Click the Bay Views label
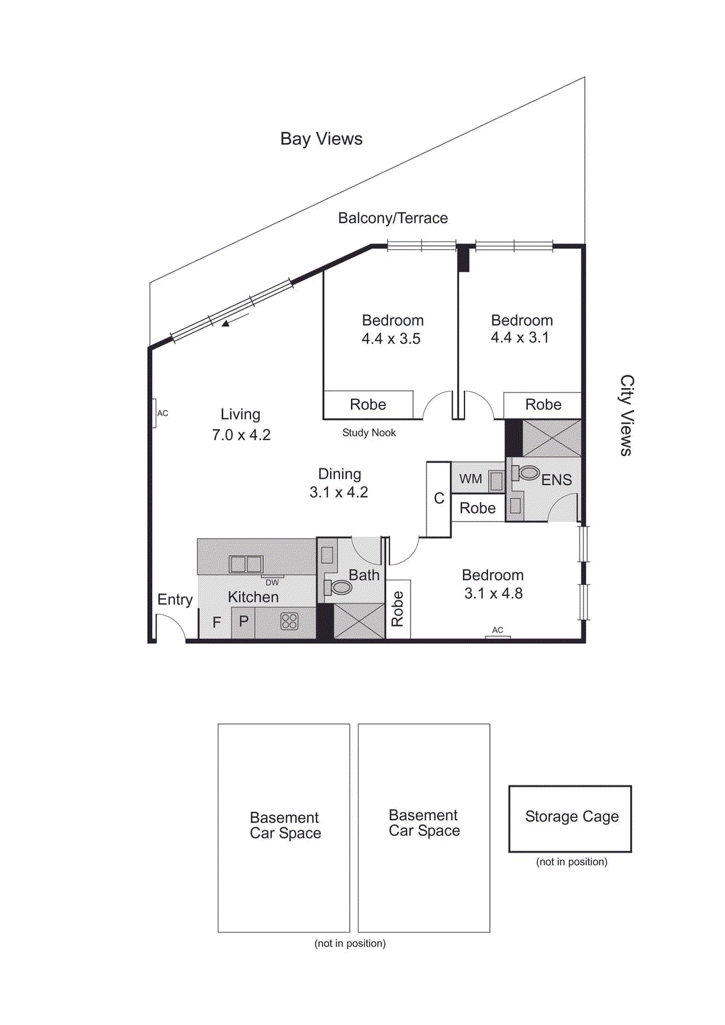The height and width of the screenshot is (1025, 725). pyautogui.click(x=321, y=139)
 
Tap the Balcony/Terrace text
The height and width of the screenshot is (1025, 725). pyautogui.click(x=393, y=218)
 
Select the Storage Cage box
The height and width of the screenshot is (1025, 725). pyautogui.click(x=570, y=818)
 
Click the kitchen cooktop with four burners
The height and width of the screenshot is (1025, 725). pyautogui.click(x=289, y=621)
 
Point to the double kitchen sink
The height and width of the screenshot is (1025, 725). pyautogui.click(x=246, y=564)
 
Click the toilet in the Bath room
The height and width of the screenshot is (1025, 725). pyautogui.click(x=340, y=587)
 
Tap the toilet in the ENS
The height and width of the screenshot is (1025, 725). pyautogui.click(x=528, y=473)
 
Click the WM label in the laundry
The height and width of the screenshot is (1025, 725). pyautogui.click(x=470, y=479)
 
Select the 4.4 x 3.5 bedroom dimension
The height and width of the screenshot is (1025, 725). pyautogui.click(x=391, y=339)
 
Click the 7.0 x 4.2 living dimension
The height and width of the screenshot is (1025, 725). pyautogui.click(x=241, y=435)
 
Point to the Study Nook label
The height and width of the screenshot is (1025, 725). pyautogui.click(x=369, y=433)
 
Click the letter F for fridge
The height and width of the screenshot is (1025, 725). pyautogui.click(x=216, y=622)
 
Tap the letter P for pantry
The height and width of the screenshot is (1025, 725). pyautogui.click(x=243, y=621)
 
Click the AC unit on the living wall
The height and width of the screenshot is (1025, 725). pyautogui.click(x=154, y=413)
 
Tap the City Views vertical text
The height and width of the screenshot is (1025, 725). pyautogui.click(x=626, y=415)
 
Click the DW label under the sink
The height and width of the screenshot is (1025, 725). pyautogui.click(x=272, y=582)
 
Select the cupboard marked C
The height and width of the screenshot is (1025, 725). pyautogui.click(x=439, y=498)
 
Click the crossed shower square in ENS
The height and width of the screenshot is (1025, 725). pyautogui.click(x=551, y=438)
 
